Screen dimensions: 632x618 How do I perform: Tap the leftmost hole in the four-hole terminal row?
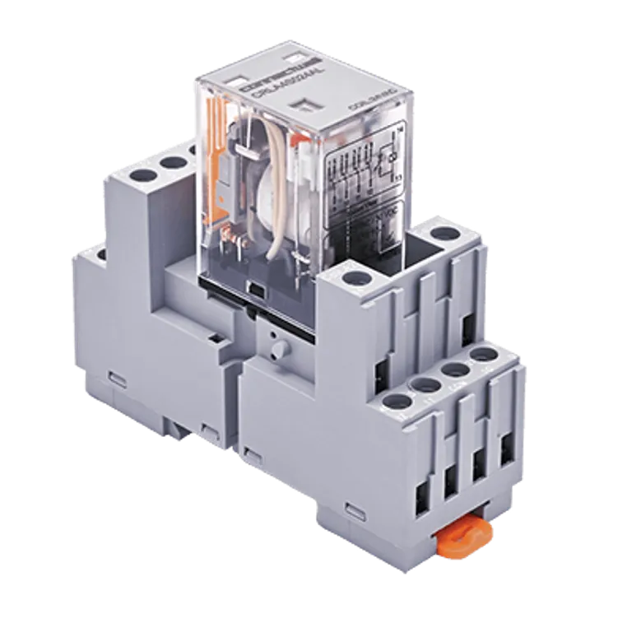pyautogui.click(x=397, y=402)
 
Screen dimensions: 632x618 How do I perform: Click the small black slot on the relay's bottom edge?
pyautogui.click(x=257, y=290)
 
